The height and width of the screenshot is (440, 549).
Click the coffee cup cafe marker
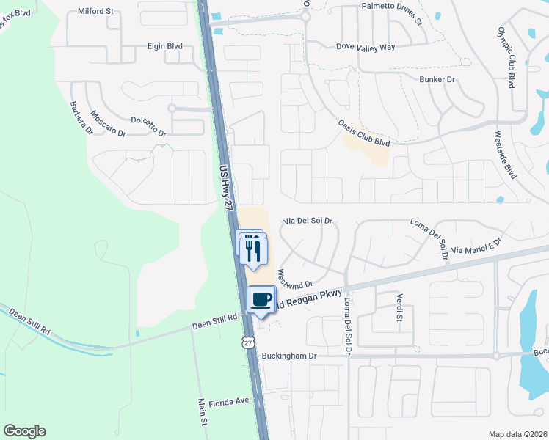click(x=262, y=299)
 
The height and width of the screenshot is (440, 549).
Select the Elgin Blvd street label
click(x=164, y=45)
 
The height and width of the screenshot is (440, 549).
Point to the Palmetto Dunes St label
click(x=392, y=15)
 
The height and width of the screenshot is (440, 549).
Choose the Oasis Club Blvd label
click(x=363, y=133)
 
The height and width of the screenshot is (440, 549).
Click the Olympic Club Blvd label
click(x=507, y=57)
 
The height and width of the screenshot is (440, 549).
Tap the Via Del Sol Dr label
click(x=308, y=220)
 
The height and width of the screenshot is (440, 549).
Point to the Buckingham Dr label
click(x=288, y=356)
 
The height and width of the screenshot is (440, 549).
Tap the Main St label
click(x=202, y=411)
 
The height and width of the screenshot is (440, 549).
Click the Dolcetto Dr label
click(x=149, y=125)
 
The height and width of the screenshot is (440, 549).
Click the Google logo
click(x=24, y=431)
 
